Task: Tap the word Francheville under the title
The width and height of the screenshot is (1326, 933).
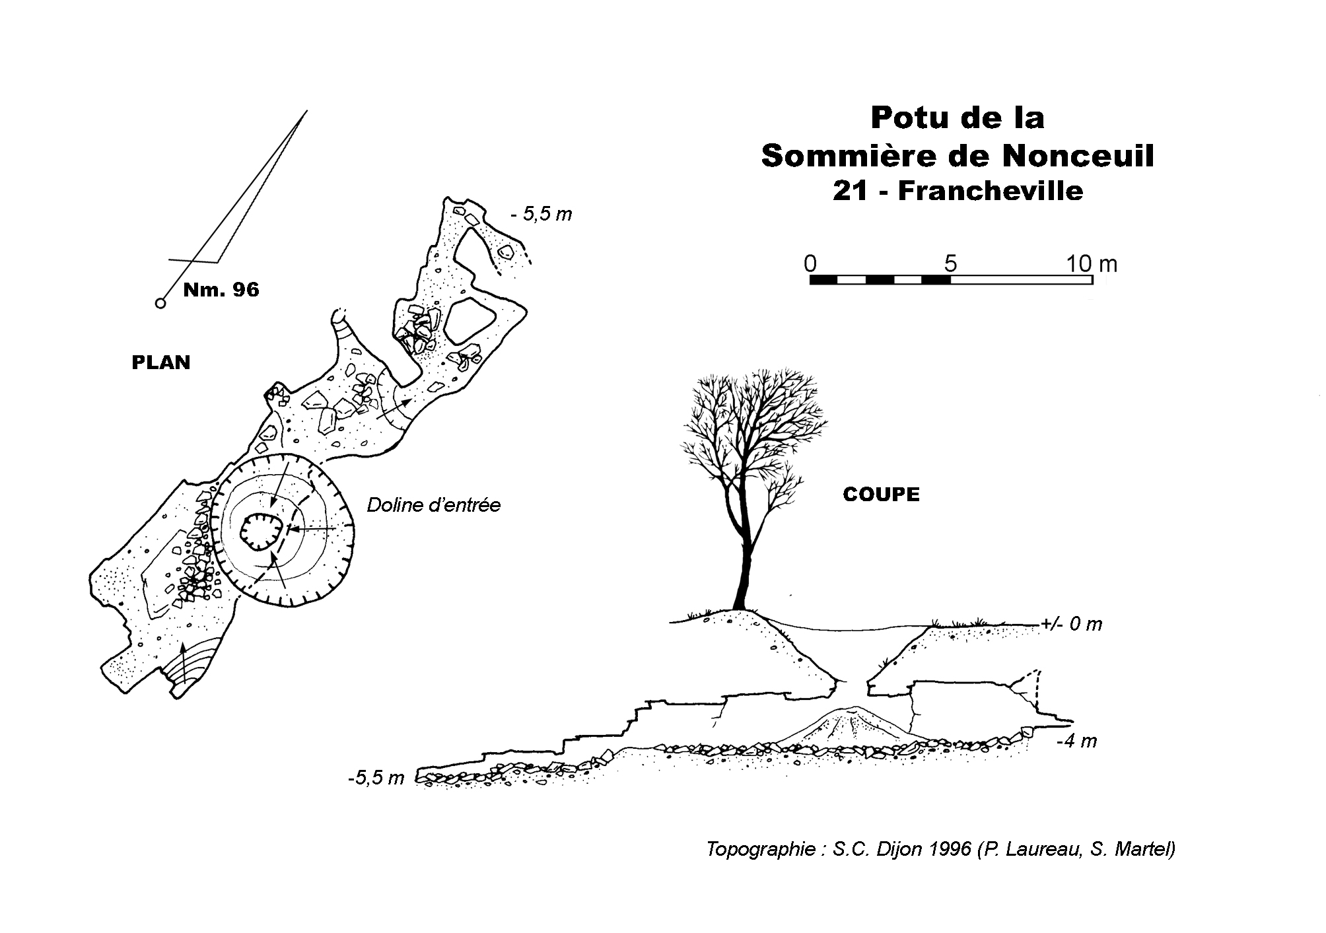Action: coord(990,191)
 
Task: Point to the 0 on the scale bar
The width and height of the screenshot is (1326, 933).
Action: coord(810,263)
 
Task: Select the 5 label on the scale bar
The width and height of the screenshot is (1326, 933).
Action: coord(950,263)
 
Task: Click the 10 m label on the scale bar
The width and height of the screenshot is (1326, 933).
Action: coord(1092,263)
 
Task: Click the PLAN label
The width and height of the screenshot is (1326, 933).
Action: coord(161,363)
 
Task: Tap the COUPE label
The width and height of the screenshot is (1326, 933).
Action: coord(881,495)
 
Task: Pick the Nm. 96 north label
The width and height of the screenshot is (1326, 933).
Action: coord(221,289)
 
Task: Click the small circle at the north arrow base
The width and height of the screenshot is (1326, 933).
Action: coord(160,303)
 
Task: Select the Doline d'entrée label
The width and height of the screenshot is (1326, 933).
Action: coord(434,505)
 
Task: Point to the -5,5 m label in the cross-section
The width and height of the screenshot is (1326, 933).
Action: coord(376,778)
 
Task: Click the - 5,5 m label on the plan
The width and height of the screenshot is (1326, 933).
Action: coord(541,214)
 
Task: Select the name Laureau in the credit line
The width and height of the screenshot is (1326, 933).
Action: coord(1035,848)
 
